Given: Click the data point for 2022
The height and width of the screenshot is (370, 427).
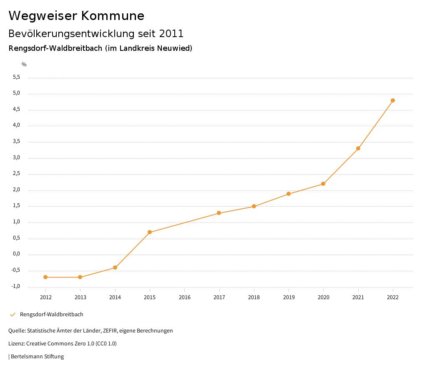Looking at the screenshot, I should point(393,100).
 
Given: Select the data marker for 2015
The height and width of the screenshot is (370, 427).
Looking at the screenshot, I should point(150,232).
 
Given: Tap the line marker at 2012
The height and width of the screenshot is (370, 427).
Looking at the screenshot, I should point(45,277).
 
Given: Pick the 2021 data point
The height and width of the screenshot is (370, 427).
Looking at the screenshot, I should point(358,148).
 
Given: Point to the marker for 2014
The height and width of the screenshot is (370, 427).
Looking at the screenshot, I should point(115,267).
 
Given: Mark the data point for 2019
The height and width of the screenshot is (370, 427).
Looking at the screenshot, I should point(289,194).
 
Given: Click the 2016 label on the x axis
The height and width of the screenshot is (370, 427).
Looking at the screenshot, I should point(184,297).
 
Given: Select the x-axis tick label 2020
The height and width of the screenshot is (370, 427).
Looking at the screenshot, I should point(323,297).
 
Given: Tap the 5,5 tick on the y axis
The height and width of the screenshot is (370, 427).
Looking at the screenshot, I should point(17,77).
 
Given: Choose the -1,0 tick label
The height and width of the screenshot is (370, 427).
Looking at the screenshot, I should point(16,287).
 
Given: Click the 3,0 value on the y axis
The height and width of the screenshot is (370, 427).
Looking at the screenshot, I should point(17,158).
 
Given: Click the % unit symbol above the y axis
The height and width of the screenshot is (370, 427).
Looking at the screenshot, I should point(24,64).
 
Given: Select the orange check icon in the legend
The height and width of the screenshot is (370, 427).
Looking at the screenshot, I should point(13,315).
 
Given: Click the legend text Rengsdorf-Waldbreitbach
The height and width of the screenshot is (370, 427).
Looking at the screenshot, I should point(52,315).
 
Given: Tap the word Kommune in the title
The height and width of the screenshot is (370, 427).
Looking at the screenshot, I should point(112,16).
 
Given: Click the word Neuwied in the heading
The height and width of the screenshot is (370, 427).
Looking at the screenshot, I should point(175,48).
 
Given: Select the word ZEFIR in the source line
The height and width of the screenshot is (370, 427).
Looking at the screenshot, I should point(110,331).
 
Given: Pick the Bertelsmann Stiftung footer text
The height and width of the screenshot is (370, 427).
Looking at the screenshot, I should point(37,357).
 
